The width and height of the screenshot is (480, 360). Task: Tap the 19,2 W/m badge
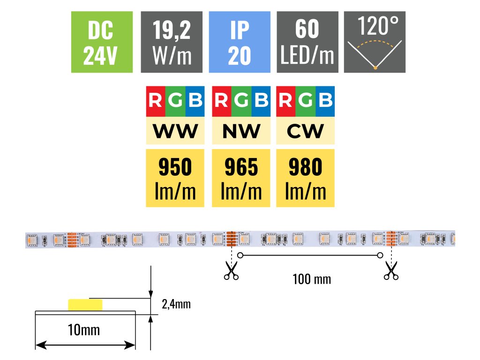click(x=172, y=42)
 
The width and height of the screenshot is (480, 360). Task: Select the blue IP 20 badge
click(x=239, y=42)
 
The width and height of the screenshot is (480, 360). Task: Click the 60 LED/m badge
click(x=307, y=42)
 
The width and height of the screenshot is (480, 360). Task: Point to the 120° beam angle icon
click(x=375, y=42)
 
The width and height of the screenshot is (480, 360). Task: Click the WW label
click(x=175, y=131)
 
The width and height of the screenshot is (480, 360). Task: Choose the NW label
click(x=241, y=131)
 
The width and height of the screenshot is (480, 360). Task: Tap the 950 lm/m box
click(x=175, y=178)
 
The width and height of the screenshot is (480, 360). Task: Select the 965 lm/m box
click(x=241, y=178)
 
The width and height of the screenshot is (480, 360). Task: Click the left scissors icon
click(x=231, y=271)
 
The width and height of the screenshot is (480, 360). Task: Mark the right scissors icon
click(x=390, y=271)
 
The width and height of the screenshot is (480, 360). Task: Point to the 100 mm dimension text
click(x=312, y=279)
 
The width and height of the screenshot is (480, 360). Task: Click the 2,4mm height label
click(x=176, y=305)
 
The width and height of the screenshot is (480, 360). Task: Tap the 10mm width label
click(x=84, y=330)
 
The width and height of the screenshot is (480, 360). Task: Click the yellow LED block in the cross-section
click(x=85, y=305)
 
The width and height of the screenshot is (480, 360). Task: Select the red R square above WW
click(x=156, y=101)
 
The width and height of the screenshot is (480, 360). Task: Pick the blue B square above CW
click(x=325, y=101)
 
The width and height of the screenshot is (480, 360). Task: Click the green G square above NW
click(x=241, y=101)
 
